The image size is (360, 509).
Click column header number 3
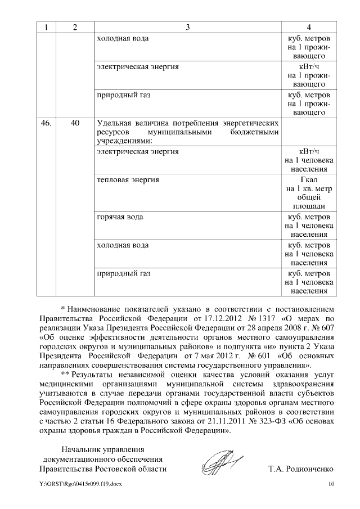pos(188,28)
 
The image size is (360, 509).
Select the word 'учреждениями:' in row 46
pos(120,141)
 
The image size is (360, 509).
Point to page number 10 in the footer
pos(331,484)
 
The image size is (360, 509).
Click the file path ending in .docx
pos(79,484)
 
